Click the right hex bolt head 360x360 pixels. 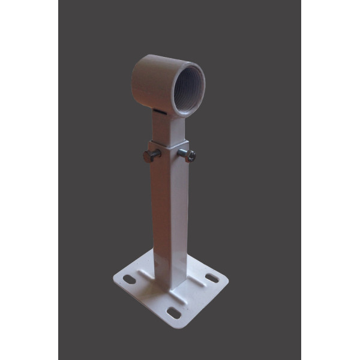[191, 155]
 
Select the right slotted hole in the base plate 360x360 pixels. [211, 278]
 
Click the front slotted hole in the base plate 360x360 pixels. [173, 313]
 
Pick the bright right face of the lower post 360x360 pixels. [178, 222]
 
